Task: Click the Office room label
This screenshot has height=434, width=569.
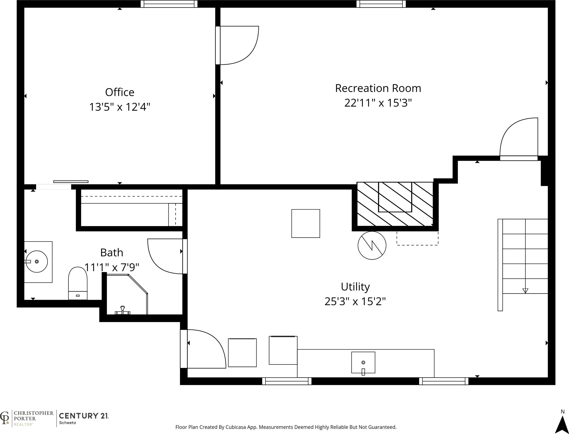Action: click(120, 92)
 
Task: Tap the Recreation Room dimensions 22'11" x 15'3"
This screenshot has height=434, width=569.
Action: click(378, 103)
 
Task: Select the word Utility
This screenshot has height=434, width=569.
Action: click(355, 287)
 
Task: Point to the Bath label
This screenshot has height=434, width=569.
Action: click(111, 252)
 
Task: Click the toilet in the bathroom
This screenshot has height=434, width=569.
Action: click(78, 283)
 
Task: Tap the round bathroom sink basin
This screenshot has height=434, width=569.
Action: click(37, 262)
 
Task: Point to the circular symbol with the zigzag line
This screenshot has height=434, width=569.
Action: click(372, 245)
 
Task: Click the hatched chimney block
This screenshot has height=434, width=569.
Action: click(395, 204)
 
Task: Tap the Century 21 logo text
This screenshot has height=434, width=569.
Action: click(84, 416)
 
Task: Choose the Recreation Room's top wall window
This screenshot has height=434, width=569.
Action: click(381, 4)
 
